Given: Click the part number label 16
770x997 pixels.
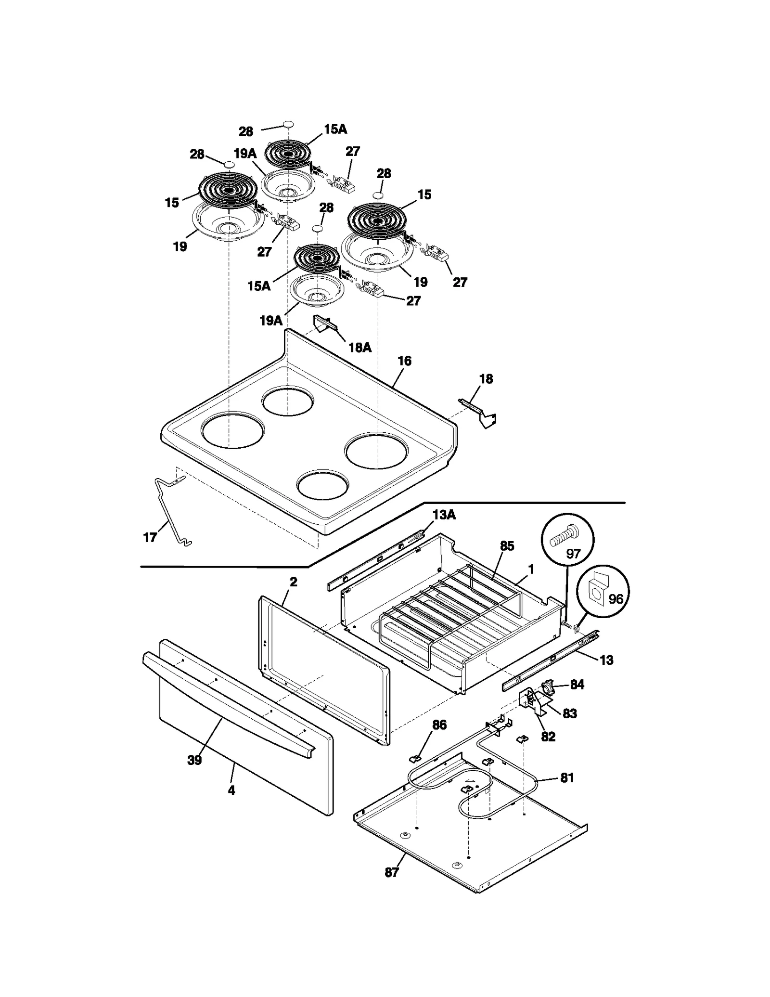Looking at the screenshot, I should tap(404, 361).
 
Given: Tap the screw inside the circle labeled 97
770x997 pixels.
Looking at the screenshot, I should tap(565, 535).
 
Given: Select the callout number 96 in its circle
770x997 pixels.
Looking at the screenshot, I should tap(616, 599).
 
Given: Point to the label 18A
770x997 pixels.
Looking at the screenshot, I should tap(360, 347).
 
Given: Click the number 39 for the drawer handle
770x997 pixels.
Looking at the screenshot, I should tap(194, 760).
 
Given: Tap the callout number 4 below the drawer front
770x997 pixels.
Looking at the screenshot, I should tap(231, 790).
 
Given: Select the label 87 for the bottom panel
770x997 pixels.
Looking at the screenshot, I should tap(392, 872).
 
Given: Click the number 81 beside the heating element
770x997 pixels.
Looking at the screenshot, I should tap(567, 777).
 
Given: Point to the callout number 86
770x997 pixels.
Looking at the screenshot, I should tap(439, 725).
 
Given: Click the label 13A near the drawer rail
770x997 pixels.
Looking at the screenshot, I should tap(444, 515).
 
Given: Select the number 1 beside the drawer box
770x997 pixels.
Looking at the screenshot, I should tap(531, 569).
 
